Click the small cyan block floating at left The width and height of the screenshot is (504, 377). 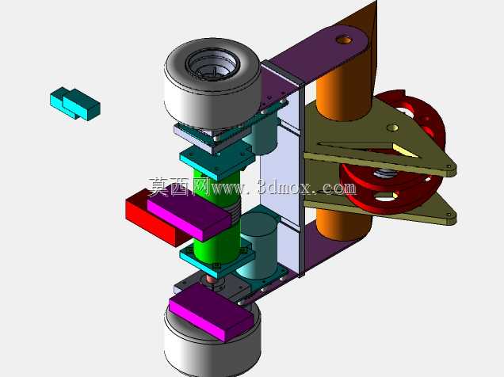pos(75,104)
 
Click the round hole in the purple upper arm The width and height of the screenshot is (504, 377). pos(344,40)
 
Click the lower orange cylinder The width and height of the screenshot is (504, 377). pos(343,225)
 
